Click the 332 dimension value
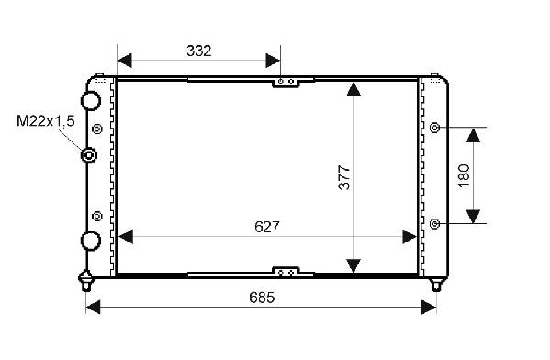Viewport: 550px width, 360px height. [199, 51]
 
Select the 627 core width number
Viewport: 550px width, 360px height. [267, 227]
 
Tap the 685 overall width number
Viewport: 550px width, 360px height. [262, 298]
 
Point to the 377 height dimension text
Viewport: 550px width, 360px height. [344, 177]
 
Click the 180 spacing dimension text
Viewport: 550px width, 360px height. [464, 175]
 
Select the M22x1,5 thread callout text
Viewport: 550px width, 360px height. [46, 121]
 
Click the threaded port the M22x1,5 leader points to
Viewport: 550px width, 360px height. [89, 154]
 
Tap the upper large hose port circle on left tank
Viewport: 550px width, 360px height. [91, 101]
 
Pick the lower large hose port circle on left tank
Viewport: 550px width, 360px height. [91, 241]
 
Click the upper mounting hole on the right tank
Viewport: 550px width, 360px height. [435, 128]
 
